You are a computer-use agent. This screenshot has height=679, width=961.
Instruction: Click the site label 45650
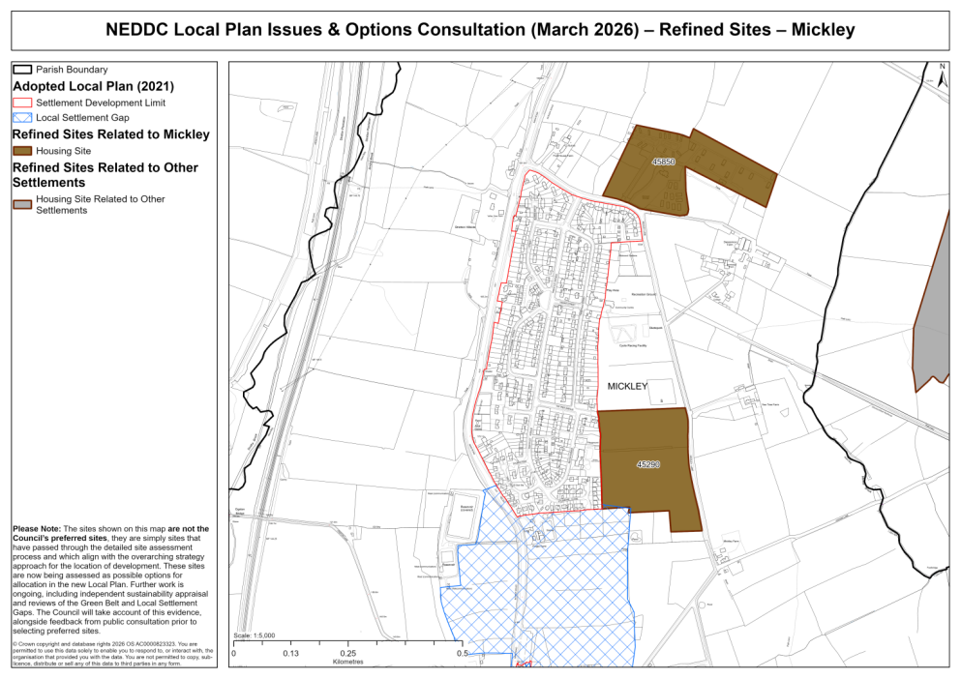pyautogui.click(x=663, y=162)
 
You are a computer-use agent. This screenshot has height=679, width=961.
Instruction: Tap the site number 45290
pyautogui.click(x=648, y=465)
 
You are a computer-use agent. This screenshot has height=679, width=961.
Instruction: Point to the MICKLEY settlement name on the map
pyautogui.click(x=627, y=386)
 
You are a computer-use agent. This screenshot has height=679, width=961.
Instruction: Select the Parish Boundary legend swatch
pyautogui.click(x=22, y=70)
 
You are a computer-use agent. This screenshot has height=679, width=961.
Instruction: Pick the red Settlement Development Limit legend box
pyautogui.click(x=22, y=103)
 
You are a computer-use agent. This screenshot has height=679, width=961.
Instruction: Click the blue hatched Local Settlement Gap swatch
pyautogui.click(x=22, y=117)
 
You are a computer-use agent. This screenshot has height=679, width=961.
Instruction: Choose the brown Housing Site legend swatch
pyautogui.click(x=22, y=151)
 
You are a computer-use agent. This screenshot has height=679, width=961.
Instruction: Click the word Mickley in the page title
pyautogui.click(x=823, y=30)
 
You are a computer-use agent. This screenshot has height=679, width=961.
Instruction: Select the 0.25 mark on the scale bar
pyautogui.click(x=347, y=654)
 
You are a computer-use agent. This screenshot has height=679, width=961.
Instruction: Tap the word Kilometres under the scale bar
pyautogui.click(x=347, y=664)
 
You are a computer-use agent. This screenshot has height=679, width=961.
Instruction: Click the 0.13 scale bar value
pyautogui.click(x=290, y=654)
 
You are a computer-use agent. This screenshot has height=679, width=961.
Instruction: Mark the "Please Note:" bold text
pyautogui.click(x=36, y=529)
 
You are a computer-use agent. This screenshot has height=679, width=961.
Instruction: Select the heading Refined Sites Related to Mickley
pyautogui.click(x=111, y=134)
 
